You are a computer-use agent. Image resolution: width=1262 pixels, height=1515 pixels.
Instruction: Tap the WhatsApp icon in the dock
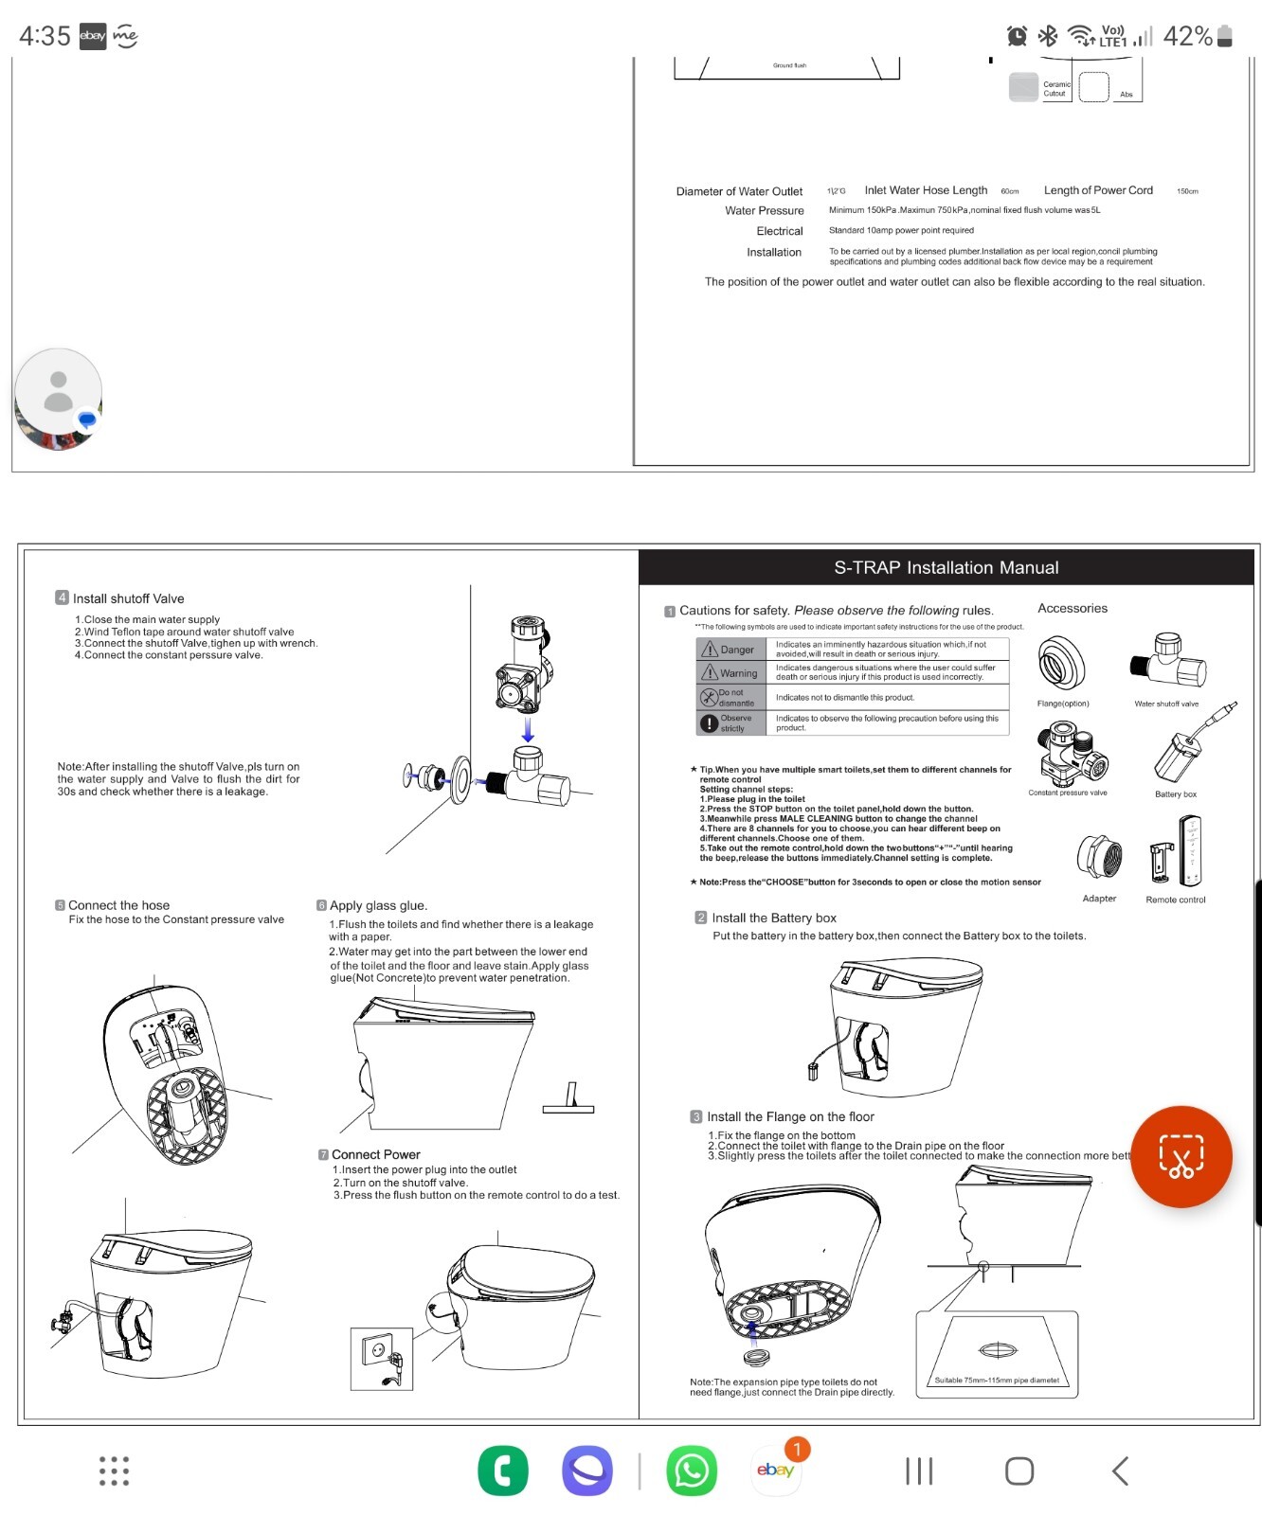tap(691, 1470)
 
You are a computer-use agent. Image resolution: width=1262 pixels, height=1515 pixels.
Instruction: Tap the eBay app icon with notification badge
tap(776, 1470)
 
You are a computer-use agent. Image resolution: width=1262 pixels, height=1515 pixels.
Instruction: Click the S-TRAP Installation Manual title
tap(946, 568)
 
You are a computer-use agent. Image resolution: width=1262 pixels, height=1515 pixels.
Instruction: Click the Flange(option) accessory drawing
tap(1061, 664)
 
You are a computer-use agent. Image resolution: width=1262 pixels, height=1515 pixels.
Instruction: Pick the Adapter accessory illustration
tap(1099, 857)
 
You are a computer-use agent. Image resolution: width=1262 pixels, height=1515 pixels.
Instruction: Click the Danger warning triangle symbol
tap(709, 650)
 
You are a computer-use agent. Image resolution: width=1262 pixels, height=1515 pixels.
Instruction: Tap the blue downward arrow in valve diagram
tap(528, 729)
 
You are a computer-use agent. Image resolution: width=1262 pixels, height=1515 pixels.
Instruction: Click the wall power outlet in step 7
tap(381, 1357)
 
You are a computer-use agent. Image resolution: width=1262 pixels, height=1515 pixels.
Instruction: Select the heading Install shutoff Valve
tap(128, 598)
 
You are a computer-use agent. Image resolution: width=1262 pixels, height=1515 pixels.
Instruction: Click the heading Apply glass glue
tap(377, 905)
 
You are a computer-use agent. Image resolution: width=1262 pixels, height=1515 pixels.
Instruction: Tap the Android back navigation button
tap(1121, 1470)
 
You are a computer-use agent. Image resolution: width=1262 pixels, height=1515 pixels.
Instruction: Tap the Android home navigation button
tap(1019, 1470)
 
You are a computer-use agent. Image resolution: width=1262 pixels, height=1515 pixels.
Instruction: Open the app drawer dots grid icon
tap(114, 1470)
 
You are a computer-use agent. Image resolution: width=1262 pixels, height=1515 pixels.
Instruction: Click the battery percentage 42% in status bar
tap(1187, 36)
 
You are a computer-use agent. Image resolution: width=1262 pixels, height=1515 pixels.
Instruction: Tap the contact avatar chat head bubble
tap(59, 398)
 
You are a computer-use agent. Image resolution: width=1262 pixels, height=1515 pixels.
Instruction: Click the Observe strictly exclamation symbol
tap(709, 723)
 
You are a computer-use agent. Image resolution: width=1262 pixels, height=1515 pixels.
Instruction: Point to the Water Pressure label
tap(764, 211)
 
